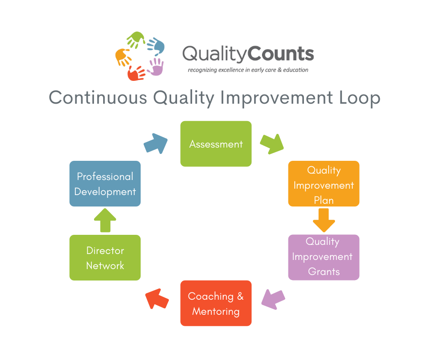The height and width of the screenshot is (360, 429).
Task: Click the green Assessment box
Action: click(216, 144)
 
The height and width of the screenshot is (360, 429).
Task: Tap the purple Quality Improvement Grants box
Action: click(324, 257)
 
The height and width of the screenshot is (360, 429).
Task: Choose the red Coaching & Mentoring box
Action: click(216, 303)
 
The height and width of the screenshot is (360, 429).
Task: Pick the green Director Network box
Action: click(105, 257)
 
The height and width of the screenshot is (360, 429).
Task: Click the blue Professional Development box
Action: click(105, 184)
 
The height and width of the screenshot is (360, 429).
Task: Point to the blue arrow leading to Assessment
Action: click(156, 143)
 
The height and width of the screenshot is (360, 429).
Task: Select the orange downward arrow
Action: click(324, 220)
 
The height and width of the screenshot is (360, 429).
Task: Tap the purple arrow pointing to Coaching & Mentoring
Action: click(273, 299)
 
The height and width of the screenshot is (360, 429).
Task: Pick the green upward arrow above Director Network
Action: click(105, 220)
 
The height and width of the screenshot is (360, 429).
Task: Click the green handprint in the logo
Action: click(136, 41)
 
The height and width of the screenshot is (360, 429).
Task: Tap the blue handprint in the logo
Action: click(155, 46)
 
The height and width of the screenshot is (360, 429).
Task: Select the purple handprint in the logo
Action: click(155, 67)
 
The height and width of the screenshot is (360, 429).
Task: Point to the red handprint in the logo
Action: click(136, 72)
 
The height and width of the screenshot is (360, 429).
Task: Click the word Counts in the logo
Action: click(282, 54)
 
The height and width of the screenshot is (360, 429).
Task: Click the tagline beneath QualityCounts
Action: click(248, 70)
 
